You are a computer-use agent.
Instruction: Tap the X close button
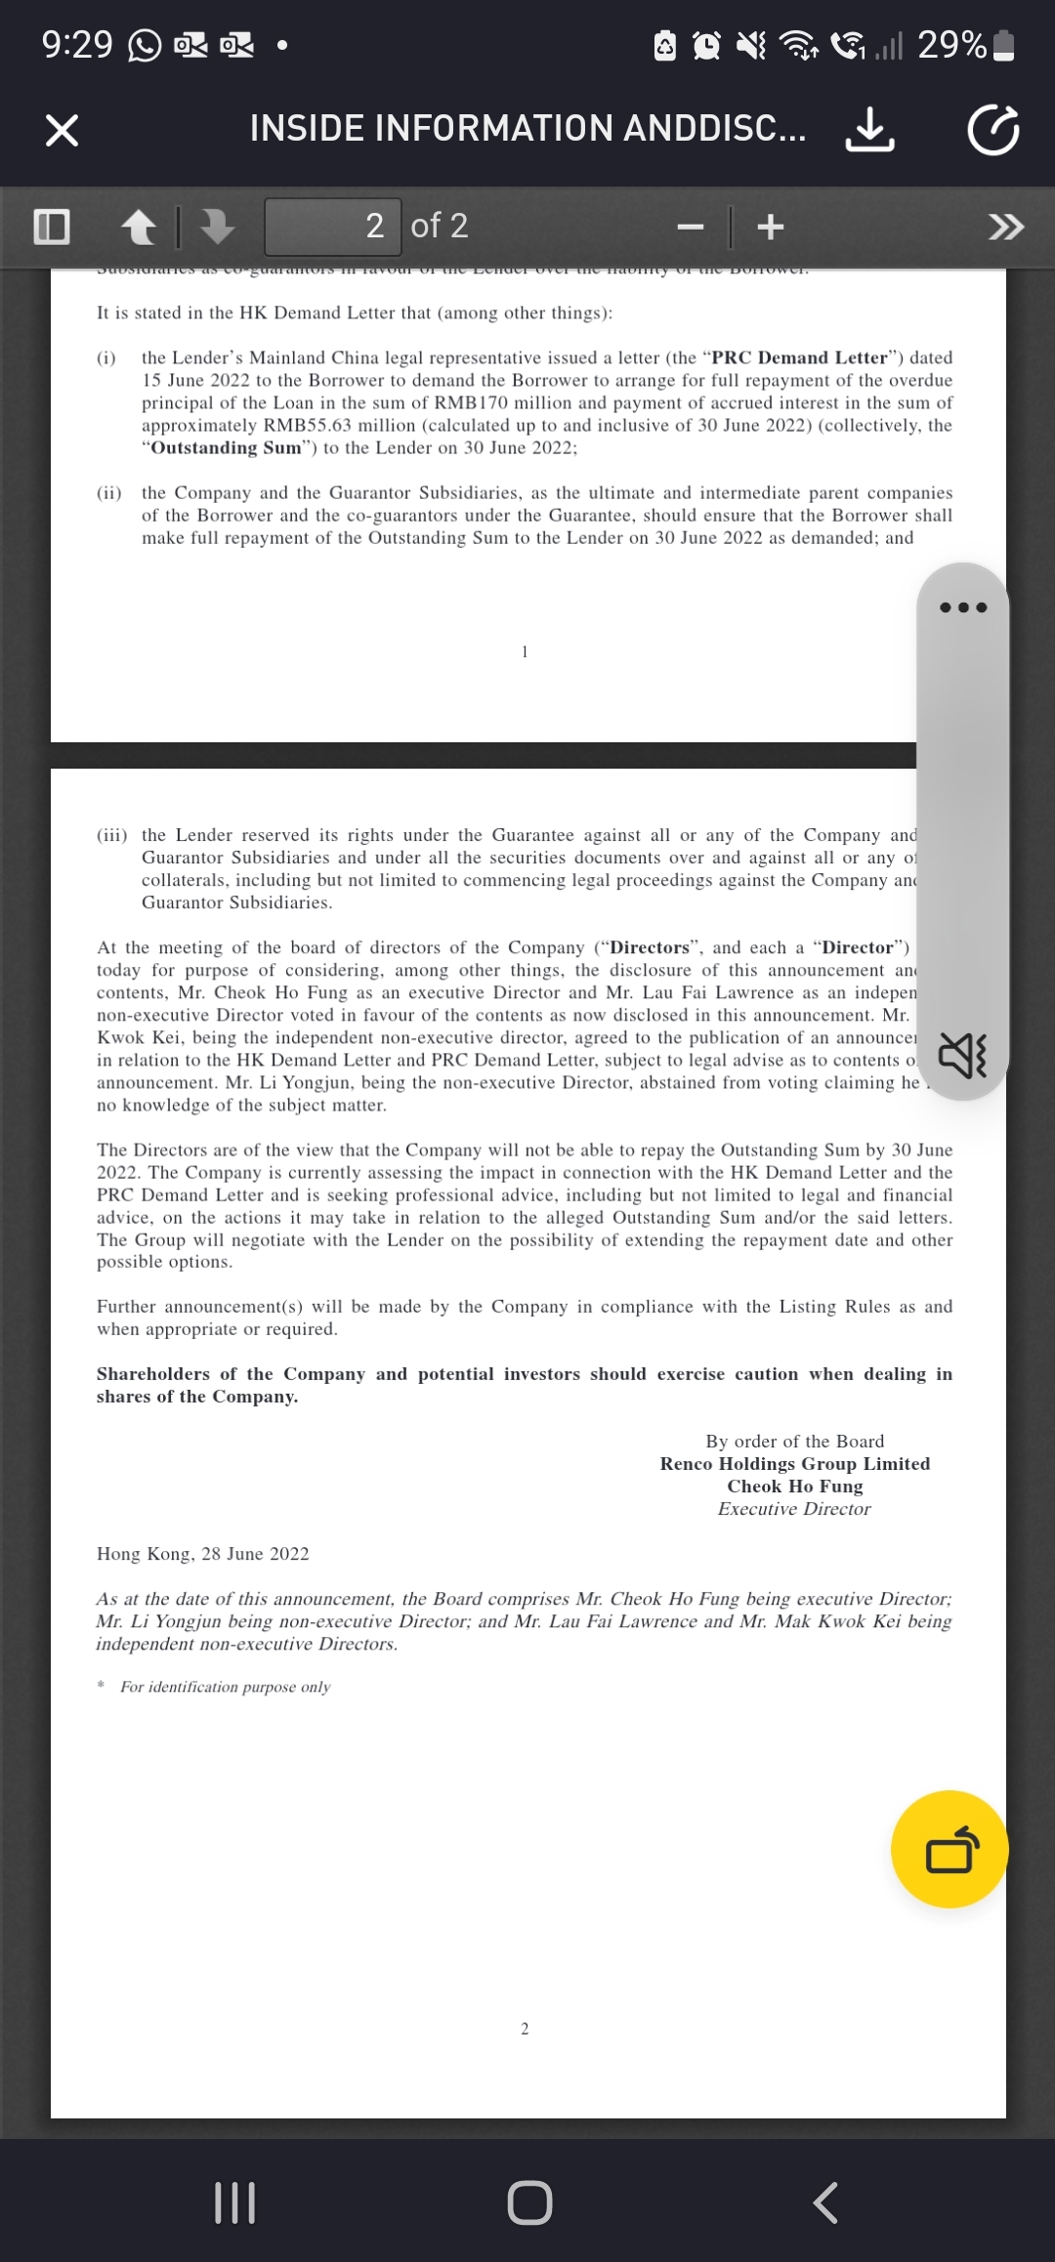pos(62,129)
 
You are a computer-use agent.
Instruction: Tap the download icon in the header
pos(868,129)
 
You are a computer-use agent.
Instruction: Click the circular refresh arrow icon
pos(993,130)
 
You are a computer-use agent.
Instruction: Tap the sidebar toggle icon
pos(52,227)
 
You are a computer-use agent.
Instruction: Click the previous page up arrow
pos(139,227)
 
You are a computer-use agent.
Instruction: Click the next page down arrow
pos(217,227)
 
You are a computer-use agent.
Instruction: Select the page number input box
pos(333,227)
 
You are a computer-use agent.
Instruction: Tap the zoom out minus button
pos(691,227)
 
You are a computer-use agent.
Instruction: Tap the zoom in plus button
pos(771,227)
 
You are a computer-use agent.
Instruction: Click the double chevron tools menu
pos(1006,227)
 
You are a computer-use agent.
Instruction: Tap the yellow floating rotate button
pos(950,1849)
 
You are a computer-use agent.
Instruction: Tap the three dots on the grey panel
pos(963,607)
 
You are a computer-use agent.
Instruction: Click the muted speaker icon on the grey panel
pos(963,1056)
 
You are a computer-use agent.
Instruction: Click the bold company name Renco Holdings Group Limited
pos(794,1463)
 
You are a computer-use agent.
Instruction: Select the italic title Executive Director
pos(794,1508)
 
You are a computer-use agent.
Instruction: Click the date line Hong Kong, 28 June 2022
pos(202,1553)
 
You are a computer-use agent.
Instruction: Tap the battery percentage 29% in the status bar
pos(951,45)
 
